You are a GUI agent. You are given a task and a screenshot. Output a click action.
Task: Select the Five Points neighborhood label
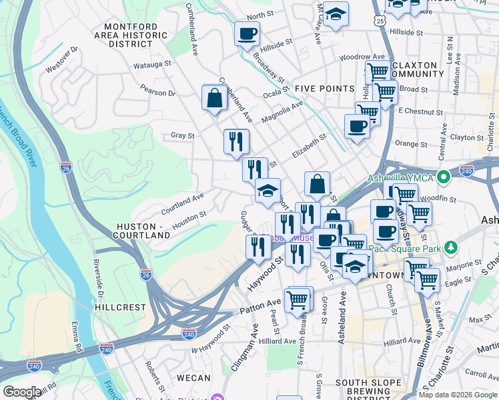pos(324,89)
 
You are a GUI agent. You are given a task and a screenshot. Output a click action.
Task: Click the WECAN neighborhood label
pos(193,378)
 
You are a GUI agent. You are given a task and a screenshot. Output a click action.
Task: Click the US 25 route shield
pos(380,21)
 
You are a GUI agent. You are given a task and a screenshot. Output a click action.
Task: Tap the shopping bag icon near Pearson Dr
pos(215,99)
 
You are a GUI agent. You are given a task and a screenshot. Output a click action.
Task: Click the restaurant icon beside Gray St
pos(236,141)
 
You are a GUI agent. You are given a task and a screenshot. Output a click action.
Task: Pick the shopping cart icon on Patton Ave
pos(298,299)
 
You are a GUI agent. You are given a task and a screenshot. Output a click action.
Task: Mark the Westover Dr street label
pos(62,59)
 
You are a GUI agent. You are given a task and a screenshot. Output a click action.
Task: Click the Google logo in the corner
pos(22,392)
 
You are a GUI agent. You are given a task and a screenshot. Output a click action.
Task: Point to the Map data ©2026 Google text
pos(458,395)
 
